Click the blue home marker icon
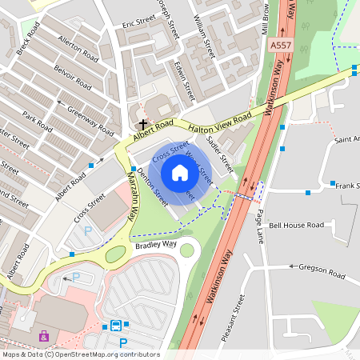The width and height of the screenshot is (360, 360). tap(179, 172)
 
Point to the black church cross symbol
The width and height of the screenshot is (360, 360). tap(143, 125)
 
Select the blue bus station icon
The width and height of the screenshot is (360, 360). tap(116, 326)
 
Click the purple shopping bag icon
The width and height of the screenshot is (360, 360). tap(43, 336)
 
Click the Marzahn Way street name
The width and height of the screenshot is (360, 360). tap(131, 194)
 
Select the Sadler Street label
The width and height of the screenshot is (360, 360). tap(219, 154)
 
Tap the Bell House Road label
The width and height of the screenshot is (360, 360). tap(296, 226)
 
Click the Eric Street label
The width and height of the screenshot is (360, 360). tap(137, 26)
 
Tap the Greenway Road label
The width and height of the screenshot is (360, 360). tap(90, 117)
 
